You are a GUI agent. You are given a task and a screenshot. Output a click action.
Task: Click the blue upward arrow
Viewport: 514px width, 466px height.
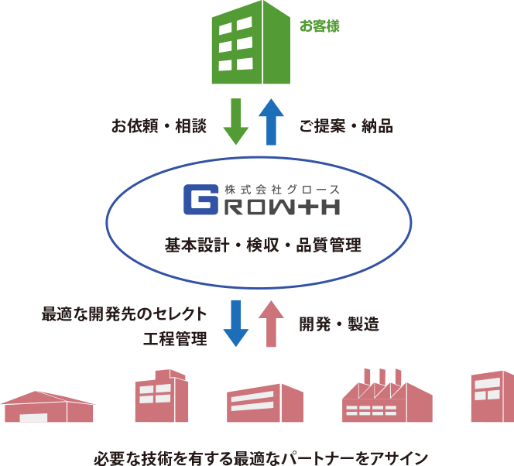(x=271, y=121)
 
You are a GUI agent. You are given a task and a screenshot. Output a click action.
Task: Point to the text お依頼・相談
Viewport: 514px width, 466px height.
(x=159, y=126)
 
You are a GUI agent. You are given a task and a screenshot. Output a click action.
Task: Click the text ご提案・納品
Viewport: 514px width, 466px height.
(x=346, y=126)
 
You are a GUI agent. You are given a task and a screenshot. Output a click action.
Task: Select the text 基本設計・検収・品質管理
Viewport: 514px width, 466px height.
(x=262, y=246)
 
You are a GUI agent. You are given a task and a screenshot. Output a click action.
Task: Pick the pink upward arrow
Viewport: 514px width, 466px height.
(x=271, y=321)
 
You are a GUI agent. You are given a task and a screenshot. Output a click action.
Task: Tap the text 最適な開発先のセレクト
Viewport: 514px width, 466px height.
(x=125, y=314)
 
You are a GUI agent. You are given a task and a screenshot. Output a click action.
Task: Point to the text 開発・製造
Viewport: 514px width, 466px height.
(x=339, y=324)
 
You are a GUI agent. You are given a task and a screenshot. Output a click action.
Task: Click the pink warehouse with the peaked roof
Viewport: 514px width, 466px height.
(x=48, y=407)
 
